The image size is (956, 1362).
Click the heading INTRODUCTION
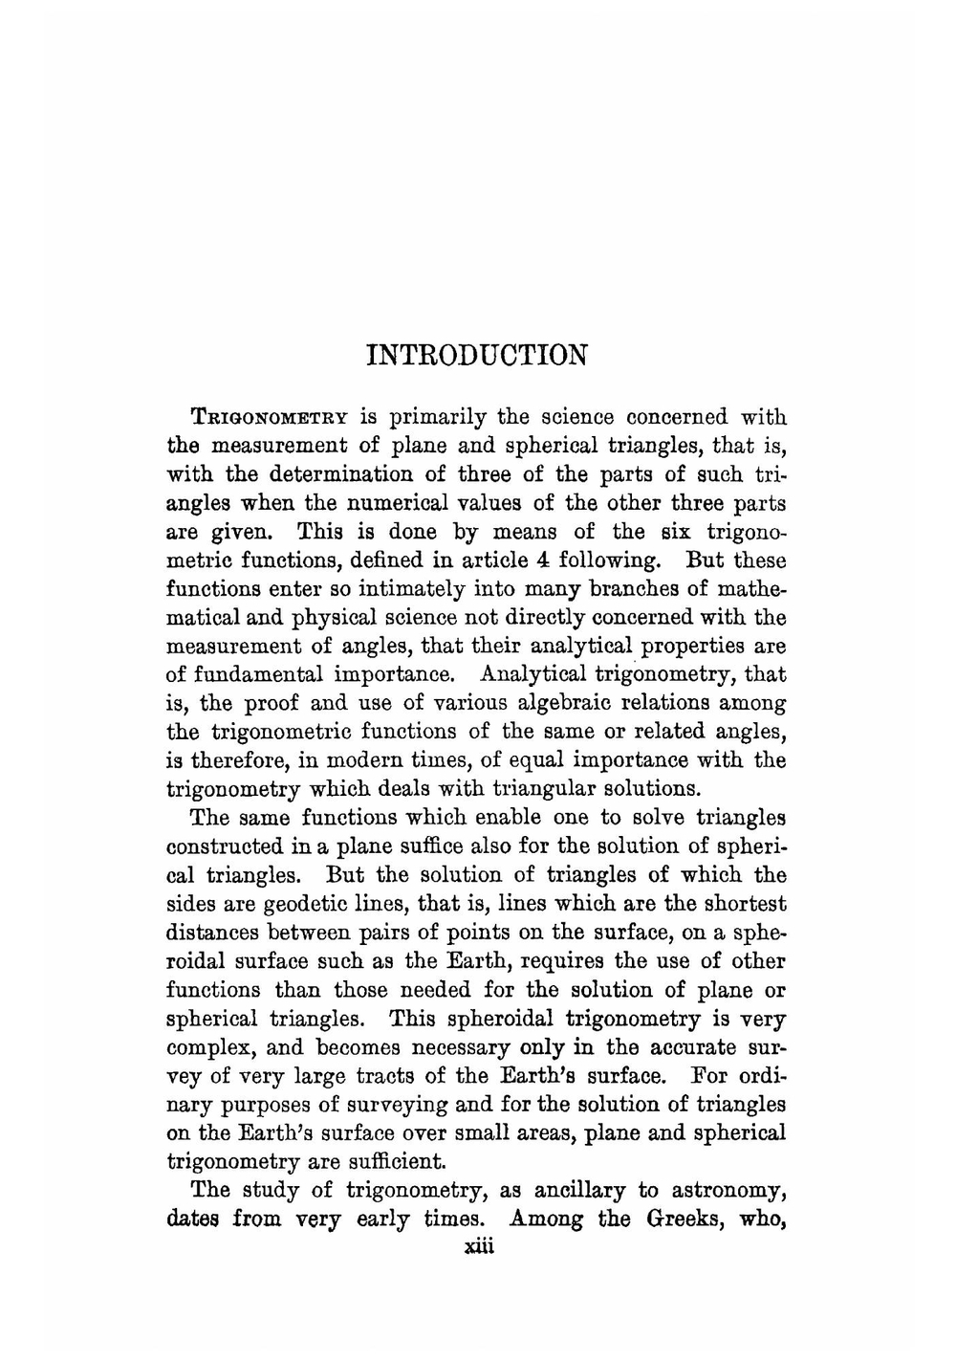477,355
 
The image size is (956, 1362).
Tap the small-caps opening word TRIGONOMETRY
271,418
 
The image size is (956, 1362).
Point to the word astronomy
728,1191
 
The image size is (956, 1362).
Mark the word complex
205,1047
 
